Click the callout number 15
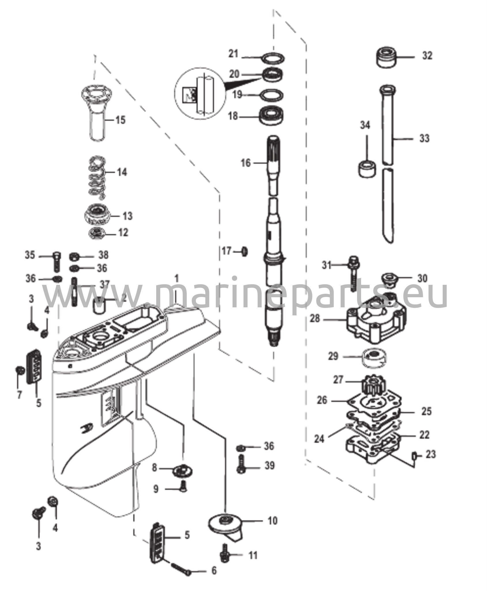click(120, 119)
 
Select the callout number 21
click(234, 53)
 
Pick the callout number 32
click(427, 55)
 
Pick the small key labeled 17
click(245, 252)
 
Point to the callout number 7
click(19, 395)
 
